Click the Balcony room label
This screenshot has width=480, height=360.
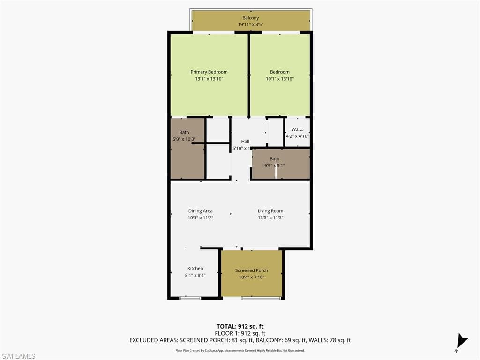(250, 18)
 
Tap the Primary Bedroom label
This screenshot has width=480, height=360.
(209, 72)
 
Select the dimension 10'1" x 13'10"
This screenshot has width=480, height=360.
(280, 79)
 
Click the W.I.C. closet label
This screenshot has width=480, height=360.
(297, 129)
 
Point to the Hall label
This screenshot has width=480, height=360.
(245, 142)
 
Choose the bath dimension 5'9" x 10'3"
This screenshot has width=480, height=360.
(184, 139)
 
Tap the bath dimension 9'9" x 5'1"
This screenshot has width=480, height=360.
(274, 165)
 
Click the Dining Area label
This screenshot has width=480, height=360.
(201, 211)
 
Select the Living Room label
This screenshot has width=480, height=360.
(270, 211)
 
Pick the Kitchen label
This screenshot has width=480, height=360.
(195, 269)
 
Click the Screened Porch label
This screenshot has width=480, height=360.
(252, 270)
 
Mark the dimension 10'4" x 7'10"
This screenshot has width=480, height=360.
(252, 277)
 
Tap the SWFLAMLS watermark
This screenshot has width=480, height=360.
(18, 356)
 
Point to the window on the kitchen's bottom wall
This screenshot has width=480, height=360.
(190, 298)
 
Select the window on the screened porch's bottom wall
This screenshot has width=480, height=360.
(261, 298)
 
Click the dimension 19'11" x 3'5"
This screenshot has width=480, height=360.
(250, 25)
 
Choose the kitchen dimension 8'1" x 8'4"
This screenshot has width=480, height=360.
(195, 275)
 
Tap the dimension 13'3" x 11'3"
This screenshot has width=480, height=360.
(270, 217)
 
